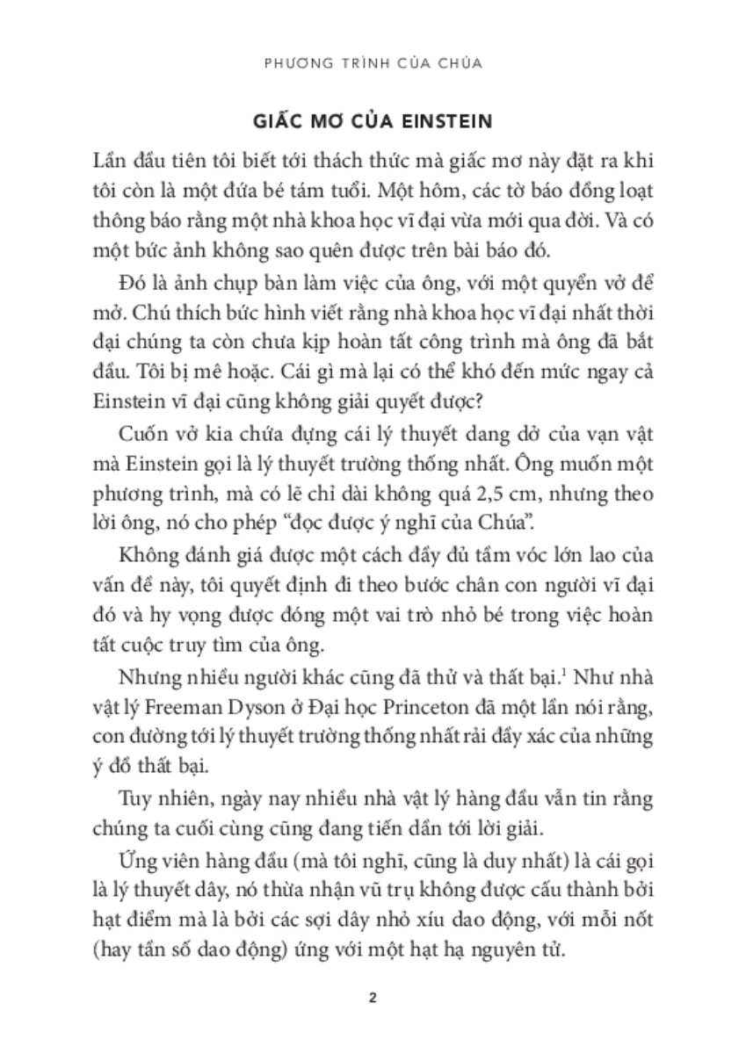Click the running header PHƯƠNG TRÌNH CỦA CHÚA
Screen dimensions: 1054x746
[x=373, y=64]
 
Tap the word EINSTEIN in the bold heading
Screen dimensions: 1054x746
[x=439, y=119]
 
